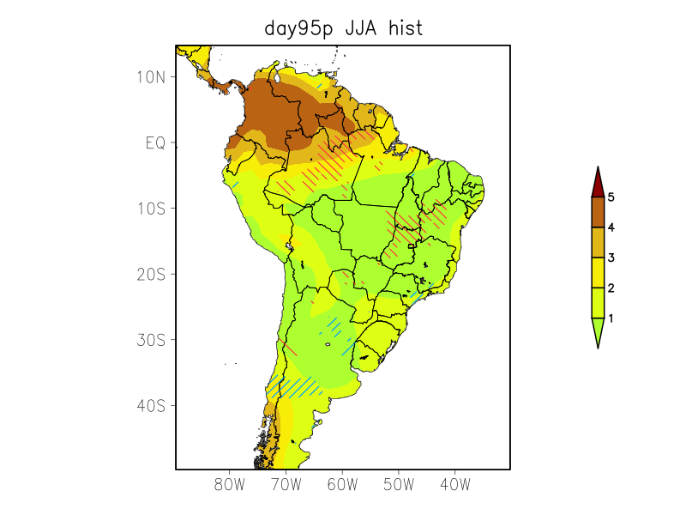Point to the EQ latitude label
(x=155, y=143)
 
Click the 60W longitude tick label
(x=343, y=485)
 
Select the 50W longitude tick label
(x=399, y=485)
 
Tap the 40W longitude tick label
(x=455, y=485)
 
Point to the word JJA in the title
(x=364, y=28)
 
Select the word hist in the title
(x=406, y=28)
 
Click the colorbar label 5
(x=611, y=197)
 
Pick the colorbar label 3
(x=611, y=257)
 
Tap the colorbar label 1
(x=611, y=318)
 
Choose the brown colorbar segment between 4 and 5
(x=598, y=212)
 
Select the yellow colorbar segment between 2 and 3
(x=598, y=272)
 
